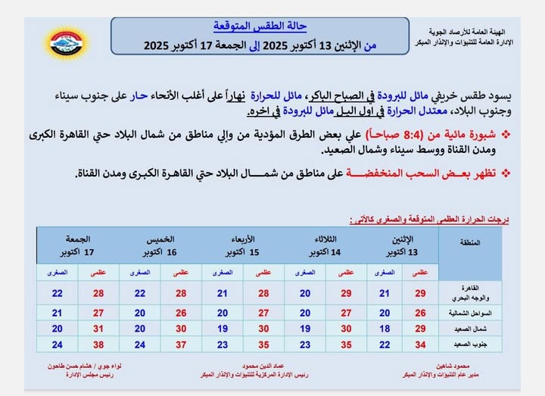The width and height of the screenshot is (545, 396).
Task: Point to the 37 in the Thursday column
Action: pos(180,345)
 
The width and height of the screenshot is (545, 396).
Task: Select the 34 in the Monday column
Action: pos(422,345)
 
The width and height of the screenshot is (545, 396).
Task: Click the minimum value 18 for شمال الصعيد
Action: pos(384,329)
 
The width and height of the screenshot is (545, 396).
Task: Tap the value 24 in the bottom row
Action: pos(58,345)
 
